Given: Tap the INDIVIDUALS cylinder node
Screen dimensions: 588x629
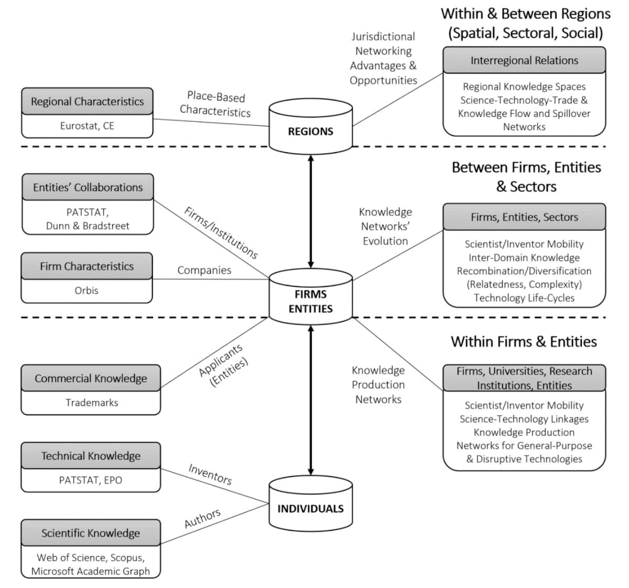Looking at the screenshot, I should pyautogui.click(x=310, y=506).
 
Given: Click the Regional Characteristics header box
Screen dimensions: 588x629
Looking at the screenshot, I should pyautogui.click(x=87, y=101).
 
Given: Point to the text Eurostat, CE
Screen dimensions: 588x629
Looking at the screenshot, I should pyautogui.click(x=87, y=126).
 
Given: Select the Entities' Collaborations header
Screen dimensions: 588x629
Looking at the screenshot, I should pyautogui.click(x=88, y=187).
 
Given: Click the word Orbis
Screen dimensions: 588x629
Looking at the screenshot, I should pyautogui.click(x=86, y=290).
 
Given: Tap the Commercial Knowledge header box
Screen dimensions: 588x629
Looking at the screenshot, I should pyautogui.click(x=91, y=378).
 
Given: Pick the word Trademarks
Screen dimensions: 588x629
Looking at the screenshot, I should pyautogui.click(x=92, y=402).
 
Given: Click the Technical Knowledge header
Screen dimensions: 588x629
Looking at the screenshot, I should pyautogui.click(x=91, y=456).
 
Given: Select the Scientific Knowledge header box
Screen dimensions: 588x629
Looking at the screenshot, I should pyautogui.click(x=91, y=533).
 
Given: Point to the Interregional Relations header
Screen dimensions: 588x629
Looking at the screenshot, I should pyautogui.click(x=524, y=60).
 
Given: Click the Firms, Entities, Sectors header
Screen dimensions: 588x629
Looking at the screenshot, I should pyautogui.click(x=524, y=217).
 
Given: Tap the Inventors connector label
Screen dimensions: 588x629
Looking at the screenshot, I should pyautogui.click(x=210, y=474).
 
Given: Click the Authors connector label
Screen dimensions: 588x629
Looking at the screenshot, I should pyautogui.click(x=202, y=519).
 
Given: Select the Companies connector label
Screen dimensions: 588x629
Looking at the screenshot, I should pyautogui.click(x=204, y=270).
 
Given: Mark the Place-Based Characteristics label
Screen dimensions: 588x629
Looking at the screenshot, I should pyautogui.click(x=215, y=104).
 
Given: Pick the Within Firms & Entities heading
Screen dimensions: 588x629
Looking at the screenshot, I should pyautogui.click(x=524, y=341).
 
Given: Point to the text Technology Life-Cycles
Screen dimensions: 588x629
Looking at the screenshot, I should pyautogui.click(x=524, y=298).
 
